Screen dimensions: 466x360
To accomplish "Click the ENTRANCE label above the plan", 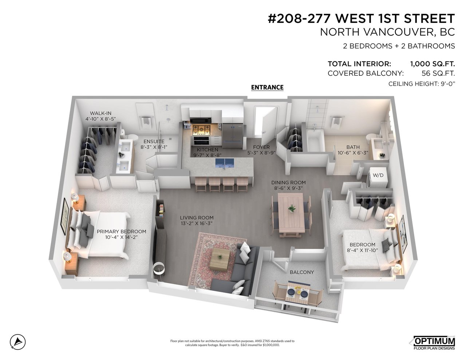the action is point(267,87).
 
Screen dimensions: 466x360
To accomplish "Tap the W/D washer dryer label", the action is point(378,175).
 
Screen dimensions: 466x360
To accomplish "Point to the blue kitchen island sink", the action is point(224,163).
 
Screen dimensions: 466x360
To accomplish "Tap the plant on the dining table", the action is point(292,208).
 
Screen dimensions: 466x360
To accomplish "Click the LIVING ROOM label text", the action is point(197,218).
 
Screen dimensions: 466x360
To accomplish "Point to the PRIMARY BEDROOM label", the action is point(121,232).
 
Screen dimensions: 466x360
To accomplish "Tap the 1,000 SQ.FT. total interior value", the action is point(433,64).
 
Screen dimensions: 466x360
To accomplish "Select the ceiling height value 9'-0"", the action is point(447,84).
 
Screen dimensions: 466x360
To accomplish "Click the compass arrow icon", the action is point(18,341).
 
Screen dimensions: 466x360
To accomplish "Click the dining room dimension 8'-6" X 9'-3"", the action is point(288,188).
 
